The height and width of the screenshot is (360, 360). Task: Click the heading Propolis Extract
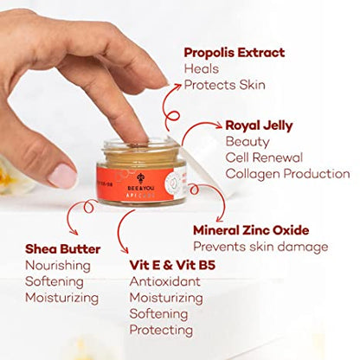234,53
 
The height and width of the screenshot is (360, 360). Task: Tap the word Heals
201,68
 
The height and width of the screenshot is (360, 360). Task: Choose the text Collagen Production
286,173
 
